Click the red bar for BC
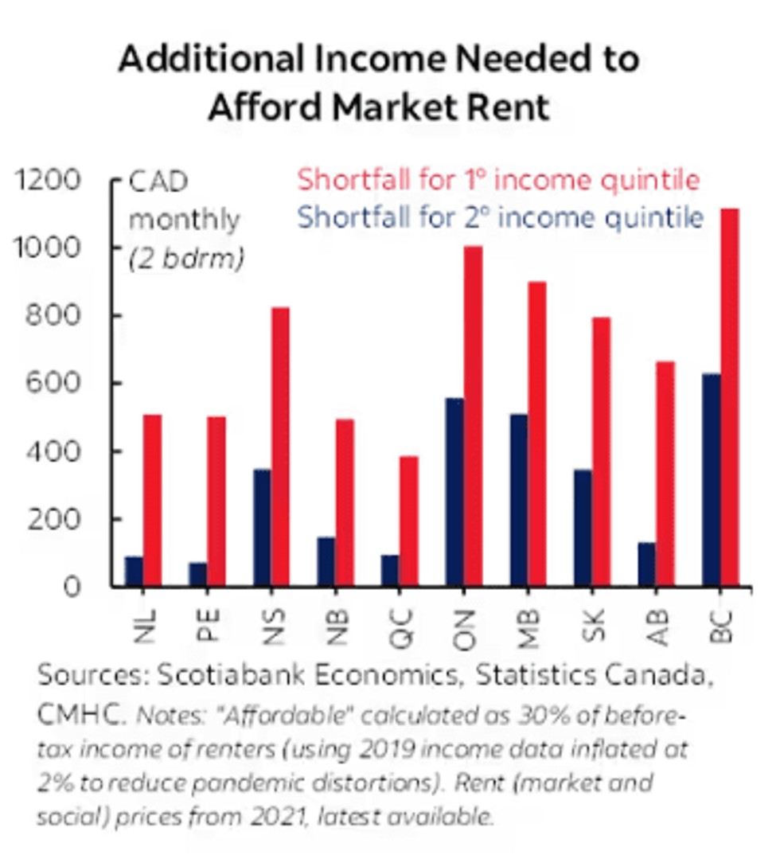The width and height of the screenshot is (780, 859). coord(730,397)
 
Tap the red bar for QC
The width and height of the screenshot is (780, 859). coord(408,521)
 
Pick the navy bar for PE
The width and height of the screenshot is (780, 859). coord(197,575)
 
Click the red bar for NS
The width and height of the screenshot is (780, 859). coord(280,447)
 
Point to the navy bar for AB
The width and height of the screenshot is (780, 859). coord(646,564)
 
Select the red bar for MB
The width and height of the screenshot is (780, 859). coord(537,434)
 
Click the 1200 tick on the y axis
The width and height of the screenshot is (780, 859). coord(49,181)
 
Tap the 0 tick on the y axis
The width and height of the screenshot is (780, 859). coord(72,588)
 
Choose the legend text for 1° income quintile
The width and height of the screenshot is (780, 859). coord(498,180)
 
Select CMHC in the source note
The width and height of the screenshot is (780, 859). coord(80,715)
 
